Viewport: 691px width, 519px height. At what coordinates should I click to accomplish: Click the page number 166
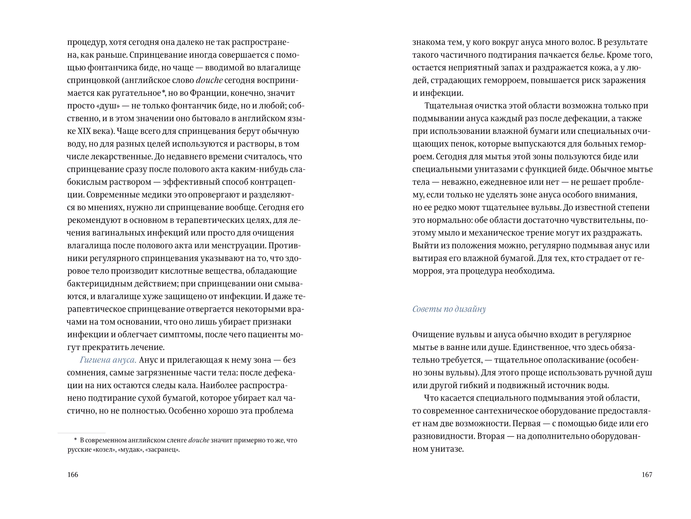click(73, 475)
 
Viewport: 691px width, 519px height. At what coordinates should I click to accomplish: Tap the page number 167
click(647, 475)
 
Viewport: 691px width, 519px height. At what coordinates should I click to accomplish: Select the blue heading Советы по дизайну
click(449, 309)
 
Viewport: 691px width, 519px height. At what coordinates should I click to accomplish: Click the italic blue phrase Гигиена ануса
click(108, 360)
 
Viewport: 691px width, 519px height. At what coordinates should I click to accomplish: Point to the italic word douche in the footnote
click(199, 440)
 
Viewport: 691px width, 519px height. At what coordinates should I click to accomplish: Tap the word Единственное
click(553, 347)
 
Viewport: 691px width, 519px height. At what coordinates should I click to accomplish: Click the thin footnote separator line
click(81, 433)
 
